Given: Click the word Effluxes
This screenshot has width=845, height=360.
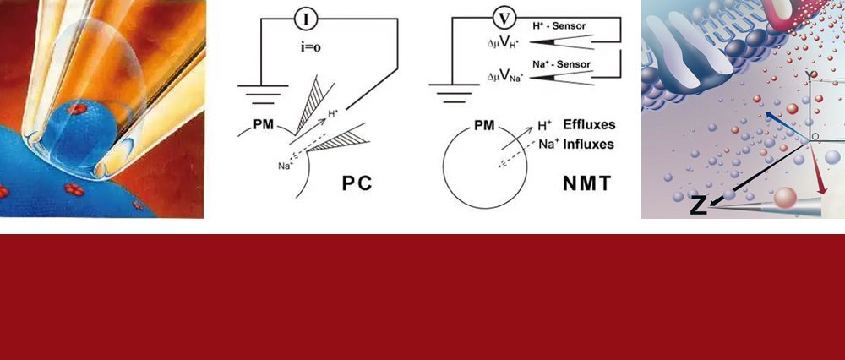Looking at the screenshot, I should (x=586, y=125).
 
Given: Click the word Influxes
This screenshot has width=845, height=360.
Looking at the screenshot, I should (x=585, y=144).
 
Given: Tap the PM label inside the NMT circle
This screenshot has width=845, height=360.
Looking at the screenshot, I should (x=484, y=125).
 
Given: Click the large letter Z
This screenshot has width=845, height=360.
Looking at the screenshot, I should (x=699, y=205).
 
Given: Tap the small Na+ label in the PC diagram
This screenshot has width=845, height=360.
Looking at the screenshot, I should (x=286, y=166).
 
